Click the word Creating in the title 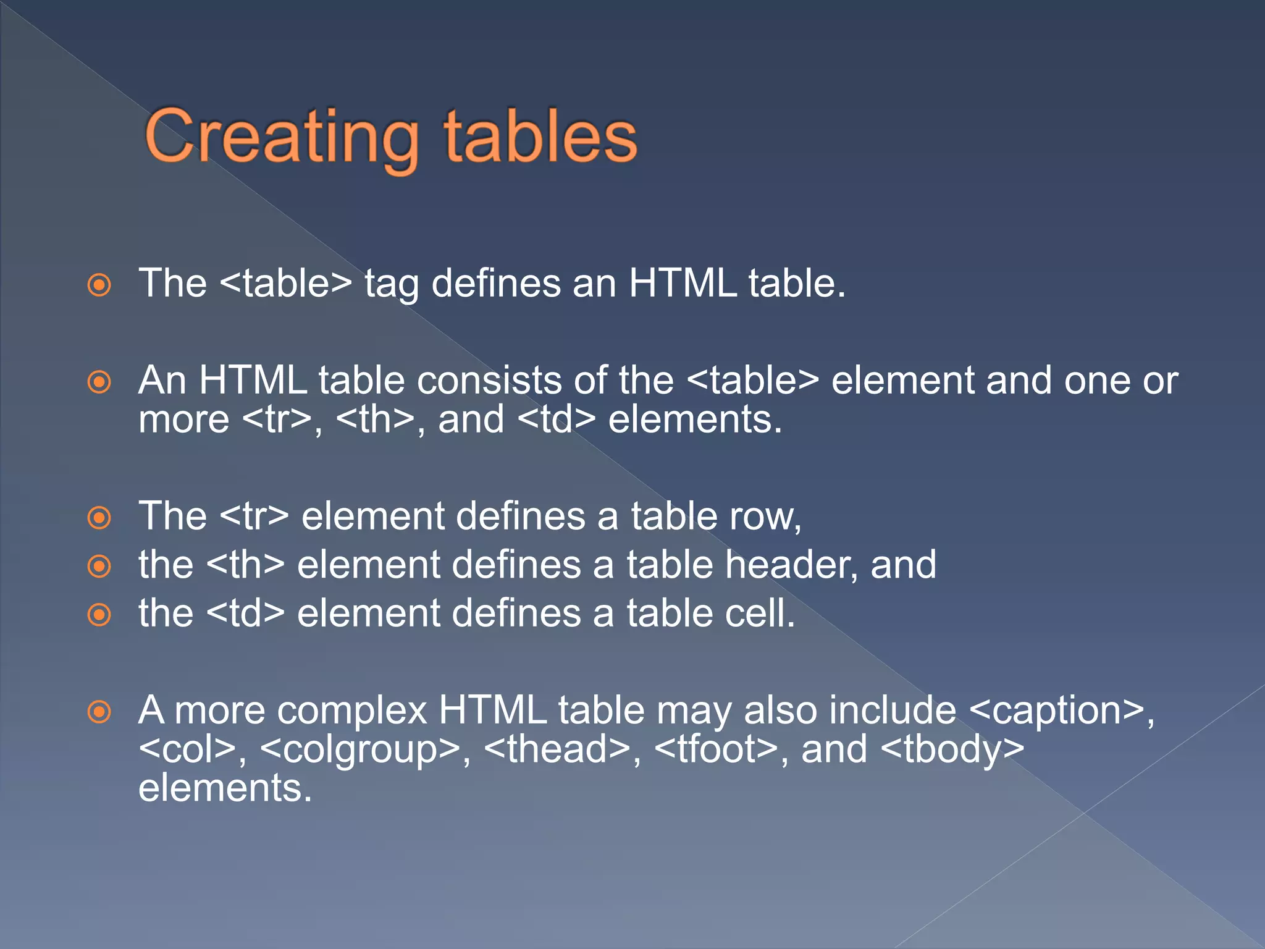(281, 137)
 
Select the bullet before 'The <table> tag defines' (99, 285)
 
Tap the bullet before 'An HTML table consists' (99, 382)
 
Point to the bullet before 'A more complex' (99, 712)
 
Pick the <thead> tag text (558, 749)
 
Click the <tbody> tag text (952, 749)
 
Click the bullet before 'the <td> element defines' (99, 615)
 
